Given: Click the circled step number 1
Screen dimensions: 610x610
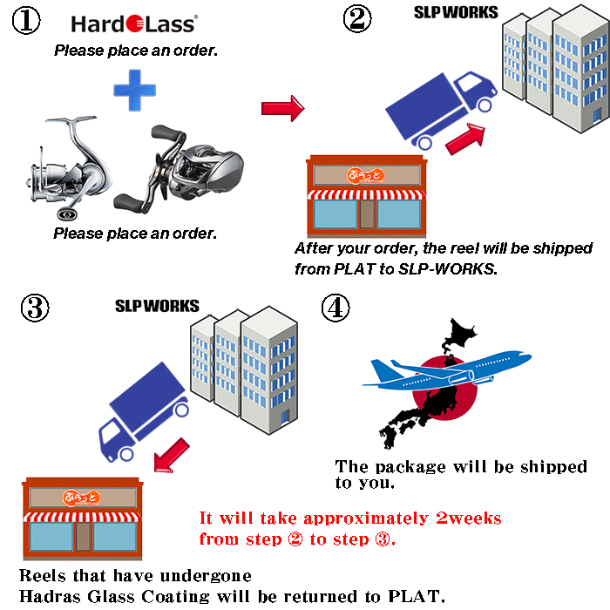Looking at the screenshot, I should tap(26, 22).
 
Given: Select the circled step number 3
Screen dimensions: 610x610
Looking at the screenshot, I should tap(34, 308).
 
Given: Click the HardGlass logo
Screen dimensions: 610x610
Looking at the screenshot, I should tap(133, 24).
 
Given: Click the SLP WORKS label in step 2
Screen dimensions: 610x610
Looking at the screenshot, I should tap(456, 12).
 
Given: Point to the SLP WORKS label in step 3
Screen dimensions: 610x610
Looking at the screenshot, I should tap(157, 306).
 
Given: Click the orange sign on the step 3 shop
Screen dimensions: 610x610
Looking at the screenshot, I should tap(82, 498).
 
